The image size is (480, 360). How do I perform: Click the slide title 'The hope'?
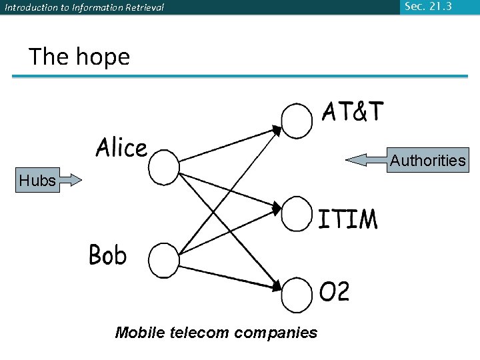point(79,57)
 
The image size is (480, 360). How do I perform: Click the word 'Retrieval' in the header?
point(140,8)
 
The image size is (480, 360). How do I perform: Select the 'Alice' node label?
point(121,147)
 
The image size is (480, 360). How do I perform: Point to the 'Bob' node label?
point(107,255)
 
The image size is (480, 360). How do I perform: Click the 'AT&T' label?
point(353,112)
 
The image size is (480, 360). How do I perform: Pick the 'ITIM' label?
point(347,219)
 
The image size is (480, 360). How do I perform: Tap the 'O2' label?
point(335,292)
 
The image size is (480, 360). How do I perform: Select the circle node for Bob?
point(163,259)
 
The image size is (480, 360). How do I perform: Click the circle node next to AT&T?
point(297,119)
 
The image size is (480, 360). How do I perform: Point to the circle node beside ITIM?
point(297,213)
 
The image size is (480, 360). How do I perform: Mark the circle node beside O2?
point(297,295)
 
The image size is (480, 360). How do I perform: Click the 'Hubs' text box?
point(38,180)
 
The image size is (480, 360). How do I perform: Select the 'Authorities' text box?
point(427,160)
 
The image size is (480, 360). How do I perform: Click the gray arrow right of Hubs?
point(70,180)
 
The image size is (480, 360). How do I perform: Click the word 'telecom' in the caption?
point(196,332)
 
